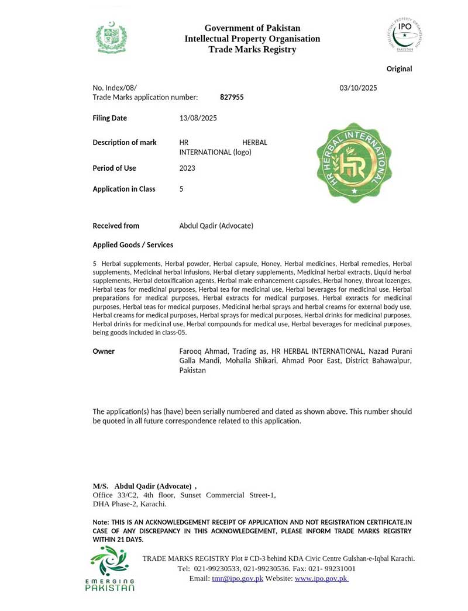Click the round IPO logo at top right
point(404,34)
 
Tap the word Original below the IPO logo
point(399,69)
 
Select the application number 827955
point(232,98)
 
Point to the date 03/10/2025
point(358,88)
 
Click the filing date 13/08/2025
point(198,118)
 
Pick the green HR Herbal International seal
point(354,163)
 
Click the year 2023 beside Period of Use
point(187,168)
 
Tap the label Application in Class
point(124,189)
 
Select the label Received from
point(116,226)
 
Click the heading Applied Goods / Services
point(133,245)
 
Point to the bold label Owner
point(104,351)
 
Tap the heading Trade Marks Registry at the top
point(252,50)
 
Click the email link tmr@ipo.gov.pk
point(238,578)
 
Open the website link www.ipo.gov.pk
point(321,578)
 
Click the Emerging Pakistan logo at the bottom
point(109,568)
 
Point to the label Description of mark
point(125,143)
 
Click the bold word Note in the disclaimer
point(99,522)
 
